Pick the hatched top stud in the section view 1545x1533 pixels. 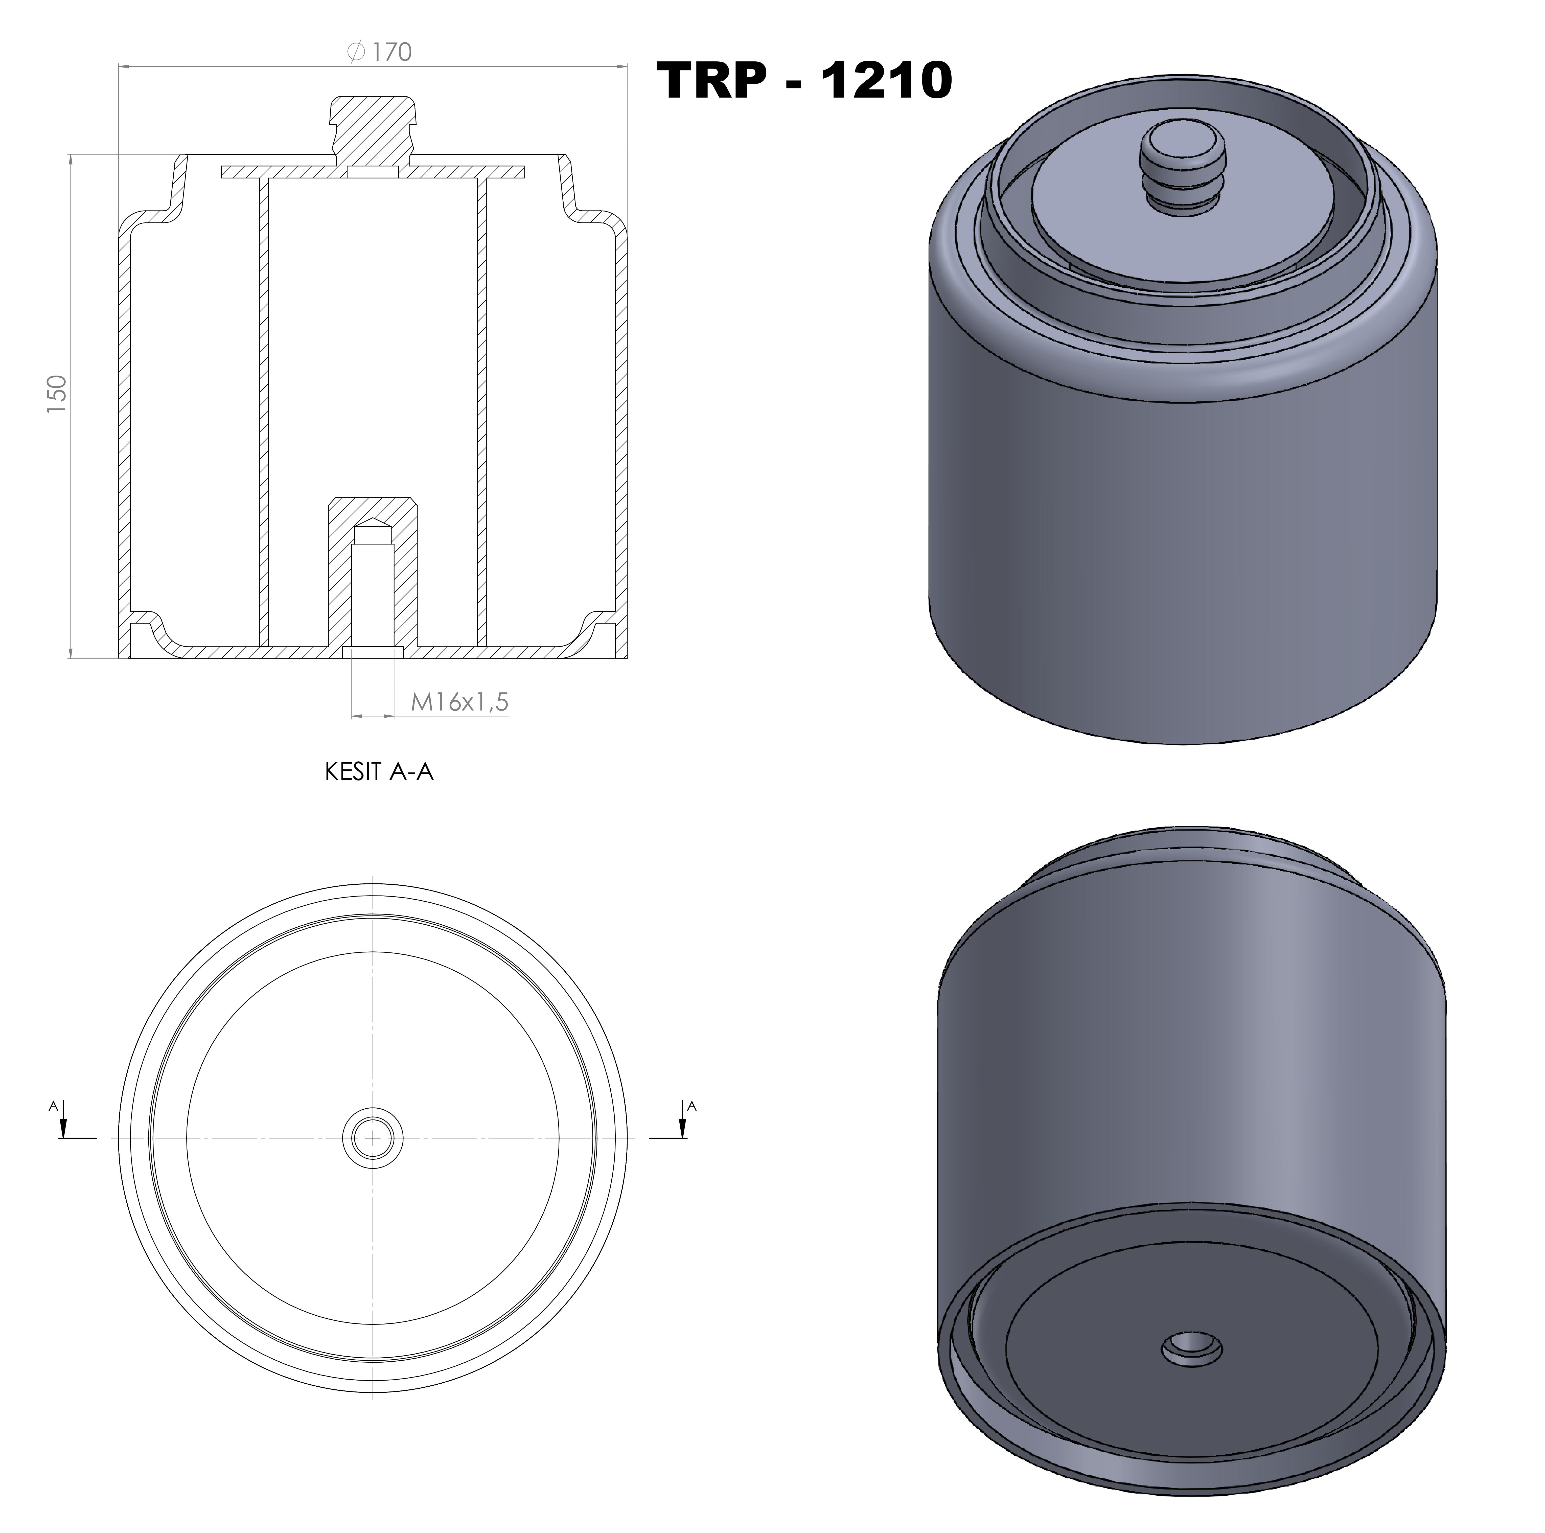tap(373, 128)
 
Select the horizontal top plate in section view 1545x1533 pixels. tap(288, 172)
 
